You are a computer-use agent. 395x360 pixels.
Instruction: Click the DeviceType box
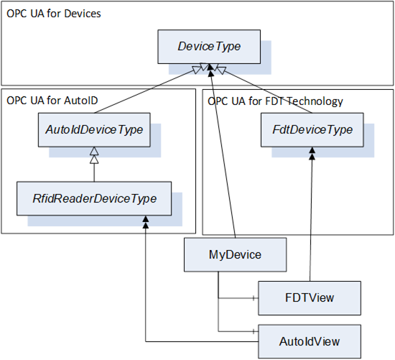click(x=209, y=47)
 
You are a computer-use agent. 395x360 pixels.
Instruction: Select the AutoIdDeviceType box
click(x=94, y=130)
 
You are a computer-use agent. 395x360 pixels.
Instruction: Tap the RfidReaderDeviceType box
click(x=94, y=198)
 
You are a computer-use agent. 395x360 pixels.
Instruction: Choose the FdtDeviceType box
click(x=312, y=130)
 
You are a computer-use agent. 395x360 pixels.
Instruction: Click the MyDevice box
click(x=235, y=254)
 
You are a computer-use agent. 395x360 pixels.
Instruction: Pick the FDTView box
click(x=310, y=298)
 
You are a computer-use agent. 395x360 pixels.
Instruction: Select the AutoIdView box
click(x=310, y=341)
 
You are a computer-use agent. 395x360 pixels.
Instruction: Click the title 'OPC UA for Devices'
click(x=54, y=14)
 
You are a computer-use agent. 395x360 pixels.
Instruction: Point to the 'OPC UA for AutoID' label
click(x=52, y=101)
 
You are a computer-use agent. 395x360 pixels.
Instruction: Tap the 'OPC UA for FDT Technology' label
click(x=275, y=101)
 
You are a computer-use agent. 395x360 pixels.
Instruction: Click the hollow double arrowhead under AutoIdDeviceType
click(x=94, y=155)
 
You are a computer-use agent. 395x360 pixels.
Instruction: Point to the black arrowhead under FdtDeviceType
click(x=312, y=153)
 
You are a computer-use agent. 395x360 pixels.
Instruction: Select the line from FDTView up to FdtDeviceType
click(x=311, y=214)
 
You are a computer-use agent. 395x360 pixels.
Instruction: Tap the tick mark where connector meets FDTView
click(x=254, y=298)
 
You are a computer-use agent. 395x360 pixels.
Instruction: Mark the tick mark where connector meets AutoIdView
click(x=254, y=331)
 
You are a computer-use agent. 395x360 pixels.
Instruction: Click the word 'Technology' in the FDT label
click(x=315, y=101)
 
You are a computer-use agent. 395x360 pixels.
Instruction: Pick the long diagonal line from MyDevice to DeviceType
click(x=223, y=154)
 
